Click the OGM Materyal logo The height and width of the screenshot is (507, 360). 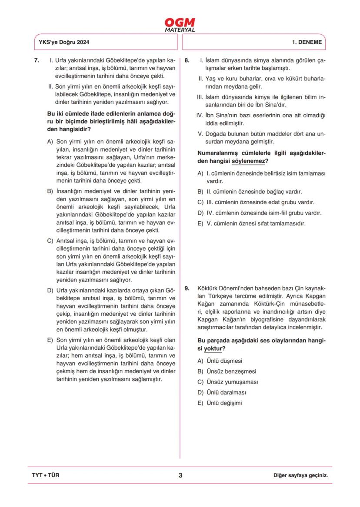[180, 24]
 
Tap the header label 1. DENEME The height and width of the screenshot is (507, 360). [307, 43]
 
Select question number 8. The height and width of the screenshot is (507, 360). [187, 61]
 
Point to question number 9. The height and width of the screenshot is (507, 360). [187, 288]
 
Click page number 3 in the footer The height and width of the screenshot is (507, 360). [180, 475]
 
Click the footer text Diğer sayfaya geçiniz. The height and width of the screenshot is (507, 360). [300, 475]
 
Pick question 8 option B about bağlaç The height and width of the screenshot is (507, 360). [250, 192]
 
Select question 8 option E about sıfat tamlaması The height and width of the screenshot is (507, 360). [251, 224]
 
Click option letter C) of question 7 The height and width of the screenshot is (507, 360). [50, 240]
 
